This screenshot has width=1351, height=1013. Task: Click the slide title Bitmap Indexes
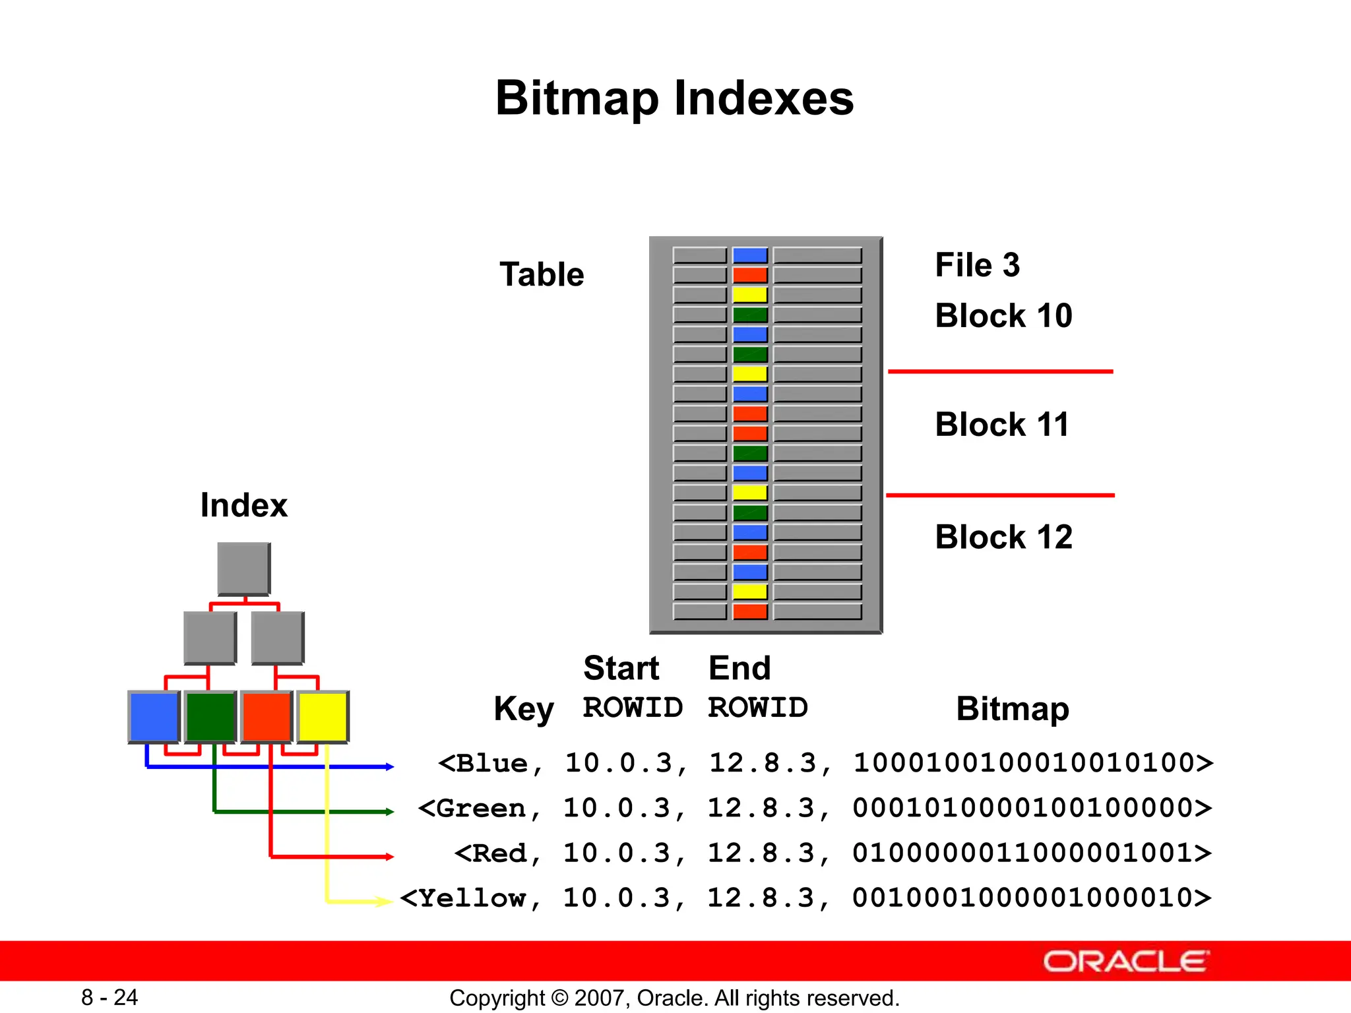(x=674, y=98)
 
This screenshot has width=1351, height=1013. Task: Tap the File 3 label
(x=977, y=265)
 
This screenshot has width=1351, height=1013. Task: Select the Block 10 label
(x=1003, y=315)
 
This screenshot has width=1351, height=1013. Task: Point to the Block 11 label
(x=1001, y=424)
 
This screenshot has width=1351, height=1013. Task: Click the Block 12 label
(x=1003, y=536)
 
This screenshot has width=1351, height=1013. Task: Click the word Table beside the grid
(x=542, y=274)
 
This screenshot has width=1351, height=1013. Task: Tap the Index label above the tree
(x=243, y=505)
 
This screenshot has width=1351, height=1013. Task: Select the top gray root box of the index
(x=243, y=568)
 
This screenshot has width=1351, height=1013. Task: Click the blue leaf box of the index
(x=154, y=717)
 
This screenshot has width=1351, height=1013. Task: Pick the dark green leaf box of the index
(x=210, y=717)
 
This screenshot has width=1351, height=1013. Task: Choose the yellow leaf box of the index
(x=323, y=717)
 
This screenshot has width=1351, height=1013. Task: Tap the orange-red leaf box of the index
(x=267, y=717)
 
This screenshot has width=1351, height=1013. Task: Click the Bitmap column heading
(x=1012, y=709)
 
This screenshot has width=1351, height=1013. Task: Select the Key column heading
(x=524, y=709)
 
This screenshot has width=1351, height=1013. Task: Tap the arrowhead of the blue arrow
(x=390, y=766)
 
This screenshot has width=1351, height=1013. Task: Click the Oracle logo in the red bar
(x=1125, y=962)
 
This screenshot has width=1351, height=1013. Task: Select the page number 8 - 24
(x=110, y=997)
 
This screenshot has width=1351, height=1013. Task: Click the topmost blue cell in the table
(x=750, y=255)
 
